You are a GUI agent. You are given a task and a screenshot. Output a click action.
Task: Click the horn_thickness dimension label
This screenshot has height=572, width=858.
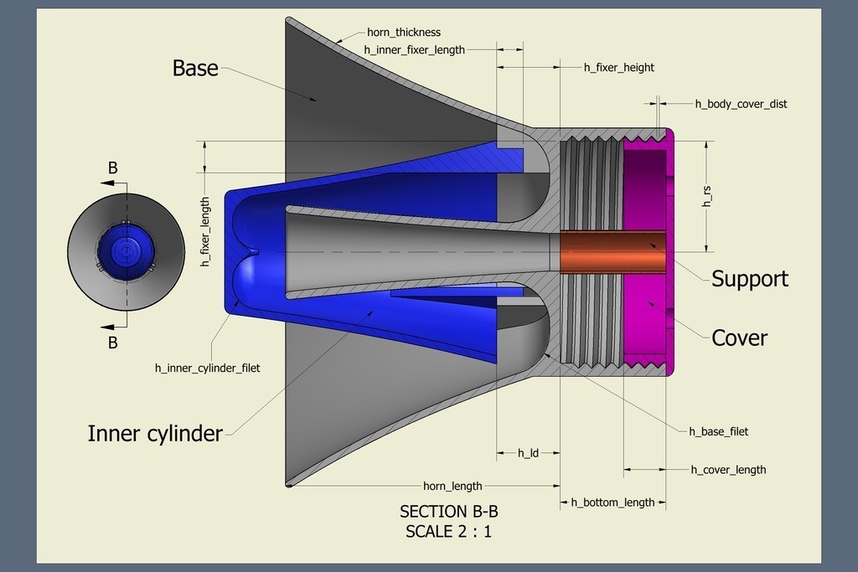(403, 33)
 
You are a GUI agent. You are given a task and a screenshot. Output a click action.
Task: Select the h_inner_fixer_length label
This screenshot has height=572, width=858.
(414, 49)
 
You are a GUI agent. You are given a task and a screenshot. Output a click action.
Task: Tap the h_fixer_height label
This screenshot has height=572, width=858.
(618, 67)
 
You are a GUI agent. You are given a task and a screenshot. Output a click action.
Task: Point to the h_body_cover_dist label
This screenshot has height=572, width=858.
(741, 104)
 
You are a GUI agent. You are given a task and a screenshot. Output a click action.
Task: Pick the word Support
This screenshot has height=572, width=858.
(750, 279)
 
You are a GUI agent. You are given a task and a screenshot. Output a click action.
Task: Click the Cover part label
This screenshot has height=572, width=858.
(739, 338)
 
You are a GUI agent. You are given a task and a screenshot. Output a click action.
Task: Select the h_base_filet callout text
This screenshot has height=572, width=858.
(718, 431)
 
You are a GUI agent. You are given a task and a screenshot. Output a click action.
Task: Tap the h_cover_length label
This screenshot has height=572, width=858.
(728, 470)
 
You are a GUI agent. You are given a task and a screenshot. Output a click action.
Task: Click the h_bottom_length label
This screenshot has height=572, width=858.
(612, 502)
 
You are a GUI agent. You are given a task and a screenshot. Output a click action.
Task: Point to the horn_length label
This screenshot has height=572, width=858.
(452, 486)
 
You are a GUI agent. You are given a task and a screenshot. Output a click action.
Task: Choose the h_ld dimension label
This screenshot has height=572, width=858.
(527, 453)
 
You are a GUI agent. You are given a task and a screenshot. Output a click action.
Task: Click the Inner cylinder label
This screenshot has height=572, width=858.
(155, 434)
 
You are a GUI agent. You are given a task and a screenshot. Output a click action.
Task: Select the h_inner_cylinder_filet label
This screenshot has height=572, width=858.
(207, 368)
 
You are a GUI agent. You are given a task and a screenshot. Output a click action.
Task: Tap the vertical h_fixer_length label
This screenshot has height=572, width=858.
(204, 232)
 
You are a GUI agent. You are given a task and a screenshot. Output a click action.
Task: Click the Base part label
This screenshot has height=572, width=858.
(195, 68)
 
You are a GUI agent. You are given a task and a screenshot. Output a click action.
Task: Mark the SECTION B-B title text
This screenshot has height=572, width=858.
(448, 512)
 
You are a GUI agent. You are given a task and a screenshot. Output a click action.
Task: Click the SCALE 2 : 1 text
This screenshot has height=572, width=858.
(448, 531)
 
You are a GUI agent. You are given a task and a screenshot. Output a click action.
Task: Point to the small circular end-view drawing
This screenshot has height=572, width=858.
(126, 251)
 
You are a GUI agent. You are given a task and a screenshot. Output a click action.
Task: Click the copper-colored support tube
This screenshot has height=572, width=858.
(612, 251)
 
